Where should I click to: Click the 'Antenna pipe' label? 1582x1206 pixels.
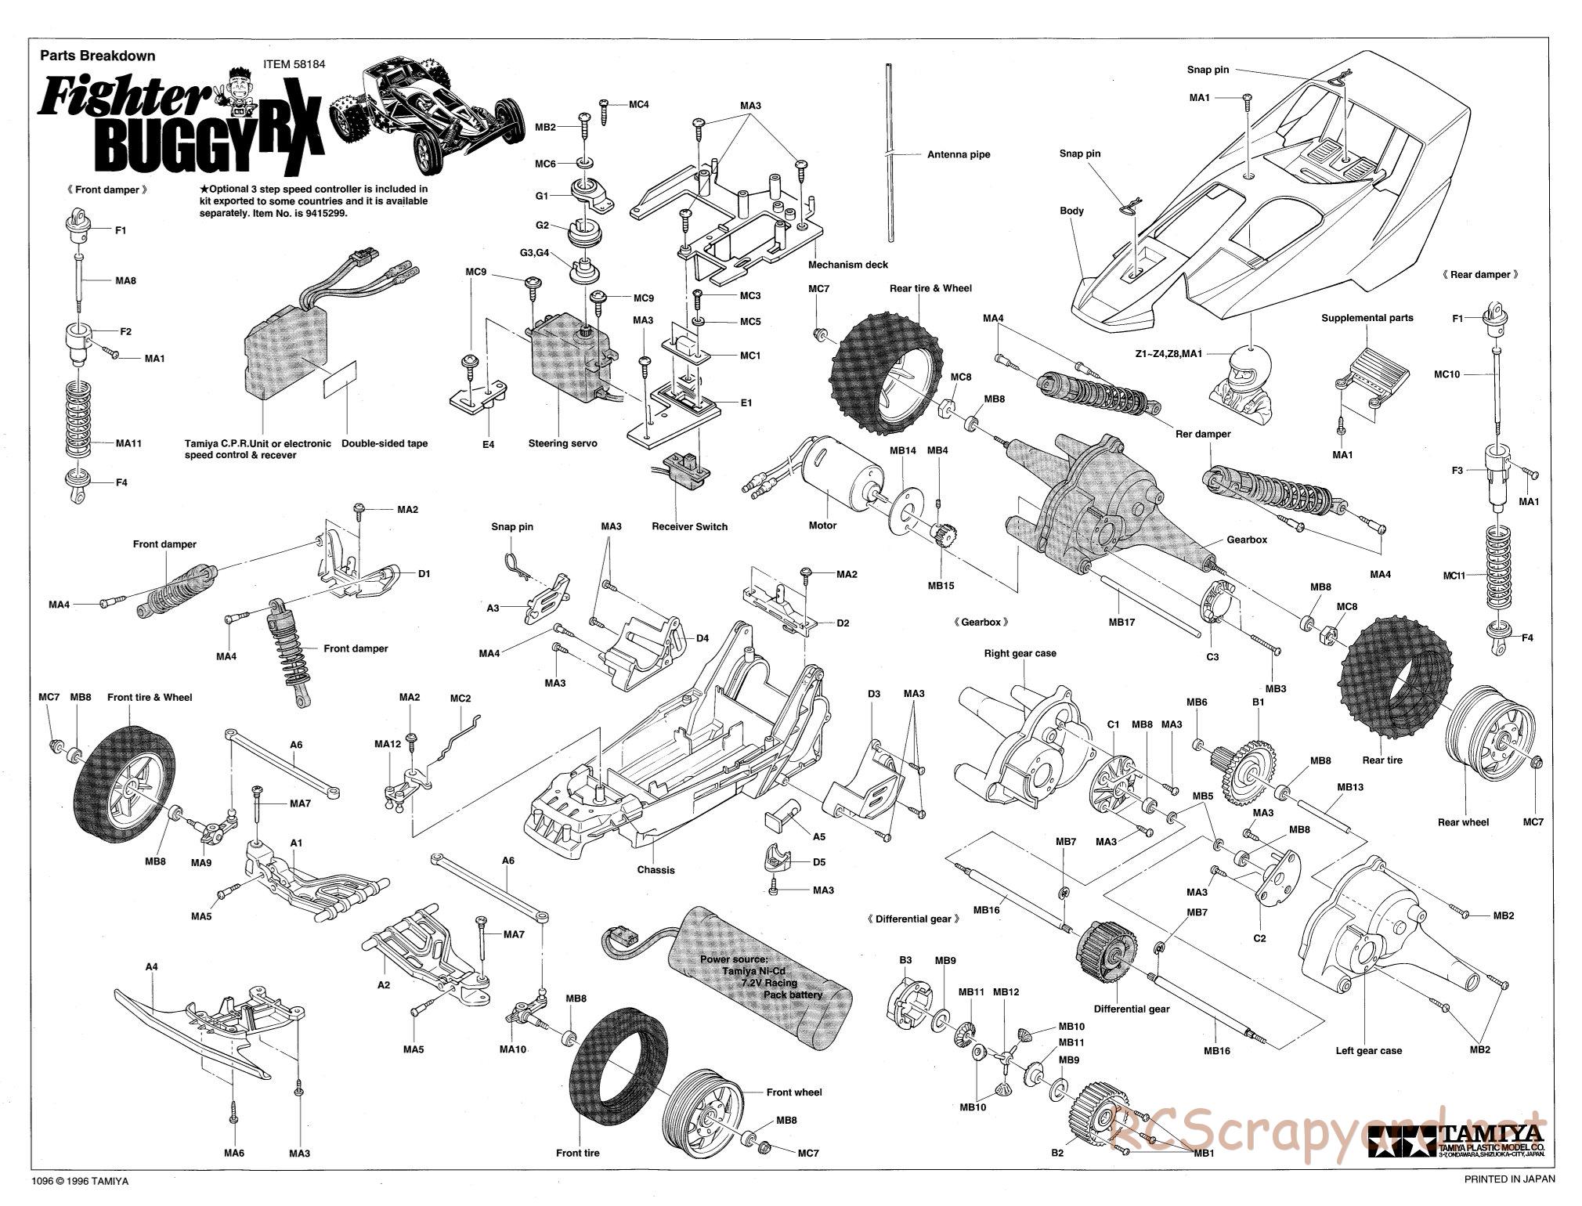(958, 154)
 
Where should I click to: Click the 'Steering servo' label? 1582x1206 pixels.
(562, 443)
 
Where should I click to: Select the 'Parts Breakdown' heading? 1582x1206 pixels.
(97, 56)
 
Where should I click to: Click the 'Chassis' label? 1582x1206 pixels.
(656, 870)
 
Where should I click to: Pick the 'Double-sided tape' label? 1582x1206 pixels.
(385, 443)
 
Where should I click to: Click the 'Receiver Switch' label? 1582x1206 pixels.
(689, 526)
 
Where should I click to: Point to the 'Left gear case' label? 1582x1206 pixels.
(1368, 1050)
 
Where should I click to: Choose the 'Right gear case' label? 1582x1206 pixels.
(1020, 653)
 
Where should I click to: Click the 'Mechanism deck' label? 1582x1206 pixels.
(848, 265)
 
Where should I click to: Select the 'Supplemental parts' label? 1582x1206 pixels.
(1367, 318)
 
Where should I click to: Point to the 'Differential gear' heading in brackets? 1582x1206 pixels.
(913, 919)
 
